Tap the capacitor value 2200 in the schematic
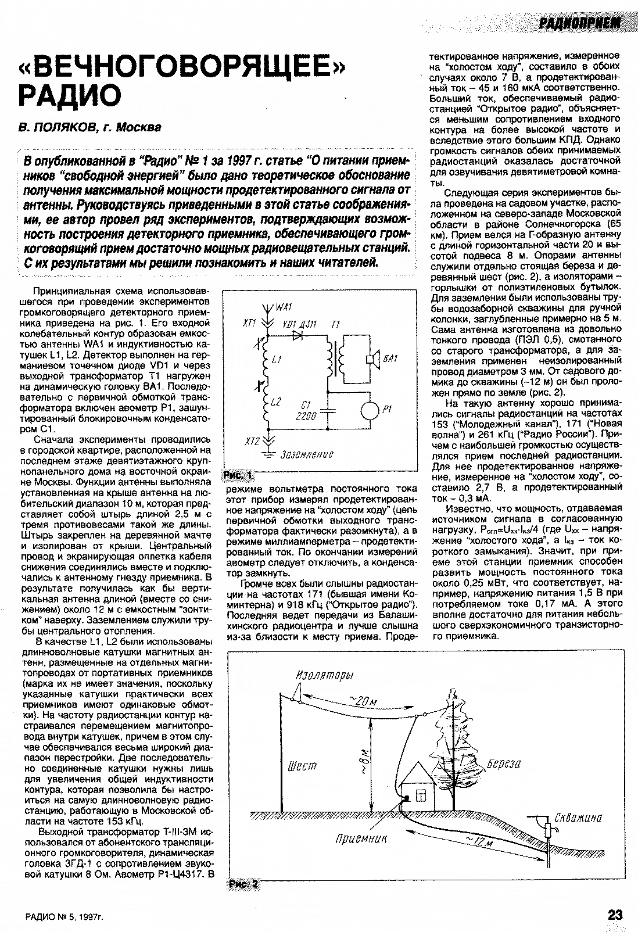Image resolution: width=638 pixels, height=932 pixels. [306, 416]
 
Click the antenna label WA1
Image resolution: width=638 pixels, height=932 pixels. [284, 306]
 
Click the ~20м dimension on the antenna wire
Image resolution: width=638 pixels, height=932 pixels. [364, 701]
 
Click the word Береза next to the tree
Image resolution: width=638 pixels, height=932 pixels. [503, 763]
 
